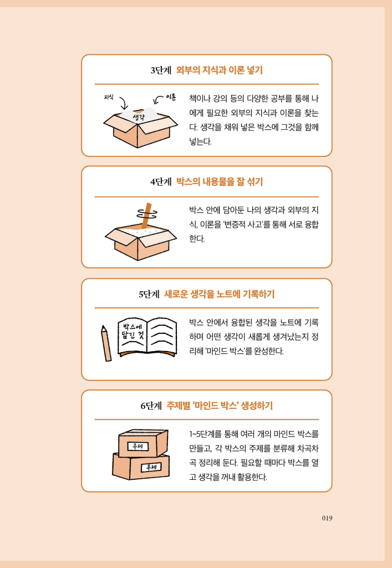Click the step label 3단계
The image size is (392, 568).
pyautogui.click(x=161, y=70)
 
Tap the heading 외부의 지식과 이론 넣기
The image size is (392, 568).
pyautogui.click(x=219, y=70)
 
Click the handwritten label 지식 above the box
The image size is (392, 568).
pyautogui.click(x=109, y=97)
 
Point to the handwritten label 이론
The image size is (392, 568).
pyautogui.click(x=170, y=98)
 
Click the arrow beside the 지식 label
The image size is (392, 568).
pyautogui.click(x=123, y=104)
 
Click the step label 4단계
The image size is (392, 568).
pyautogui.click(x=161, y=182)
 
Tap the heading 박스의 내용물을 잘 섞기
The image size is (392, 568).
pyautogui.click(x=219, y=182)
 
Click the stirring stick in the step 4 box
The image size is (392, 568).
pyautogui.click(x=147, y=216)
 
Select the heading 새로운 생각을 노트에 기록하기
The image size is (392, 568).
pyautogui.click(x=219, y=294)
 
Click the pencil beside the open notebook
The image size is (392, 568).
pyautogui.click(x=106, y=343)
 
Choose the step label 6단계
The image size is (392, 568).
pyautogui.click(x=151, y=405)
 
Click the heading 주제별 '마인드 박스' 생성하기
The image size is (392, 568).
pyautogui.click(x=220, y=405)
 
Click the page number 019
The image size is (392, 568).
pyautogui.click(x=327, y=518)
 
